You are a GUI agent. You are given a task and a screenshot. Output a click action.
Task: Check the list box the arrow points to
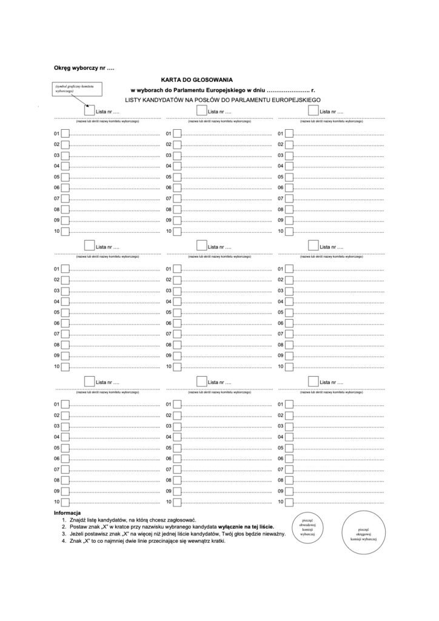pyautogui.click(x=90, y=111)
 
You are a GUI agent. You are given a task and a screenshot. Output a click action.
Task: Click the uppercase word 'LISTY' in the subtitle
pyautogui.click(x=133, y=99)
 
